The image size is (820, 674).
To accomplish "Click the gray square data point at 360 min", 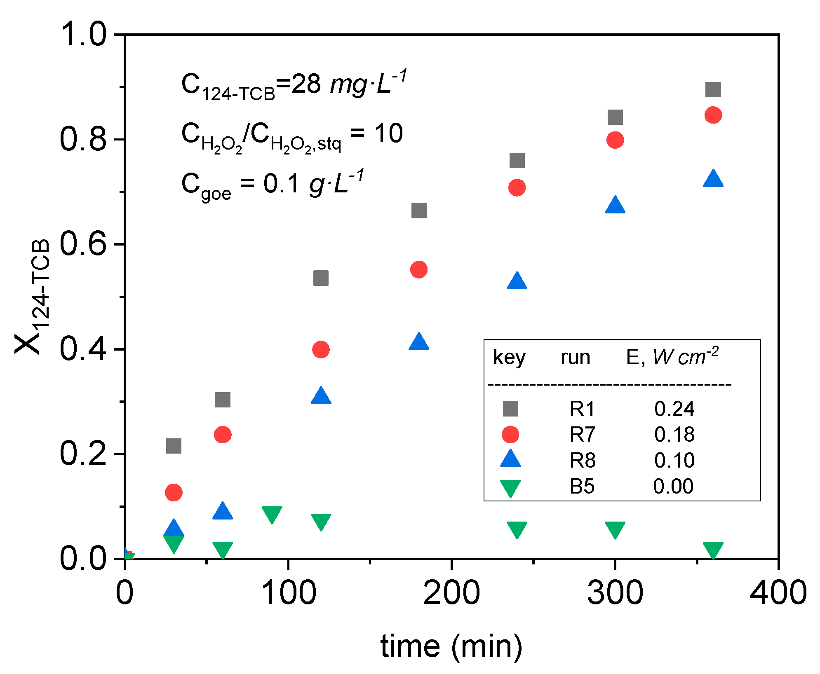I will click(713, 89).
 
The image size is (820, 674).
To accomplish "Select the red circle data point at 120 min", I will click(321, 349).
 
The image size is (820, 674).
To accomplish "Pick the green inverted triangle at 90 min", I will click(272, 514).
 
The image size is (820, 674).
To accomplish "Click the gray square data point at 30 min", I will click(174, 446).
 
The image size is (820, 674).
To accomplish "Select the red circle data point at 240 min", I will click(517, 187).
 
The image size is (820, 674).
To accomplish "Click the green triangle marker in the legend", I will click(510, 488).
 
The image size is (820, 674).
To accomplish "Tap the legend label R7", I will click(582, 434).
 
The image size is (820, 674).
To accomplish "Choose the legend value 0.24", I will click(674, 409).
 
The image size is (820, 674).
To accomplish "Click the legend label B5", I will click(582, 486).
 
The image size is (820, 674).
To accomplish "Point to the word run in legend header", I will click(575, 357).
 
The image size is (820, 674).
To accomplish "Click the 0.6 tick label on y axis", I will click(83, 244).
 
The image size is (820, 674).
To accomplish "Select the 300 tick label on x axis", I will click(615, 593).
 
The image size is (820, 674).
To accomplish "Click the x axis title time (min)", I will click(451, 646).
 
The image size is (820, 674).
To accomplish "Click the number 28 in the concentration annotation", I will click(306, 84).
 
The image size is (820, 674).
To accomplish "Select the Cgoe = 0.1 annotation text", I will click(272, 184).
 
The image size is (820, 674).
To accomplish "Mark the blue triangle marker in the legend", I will click(510, 459).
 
